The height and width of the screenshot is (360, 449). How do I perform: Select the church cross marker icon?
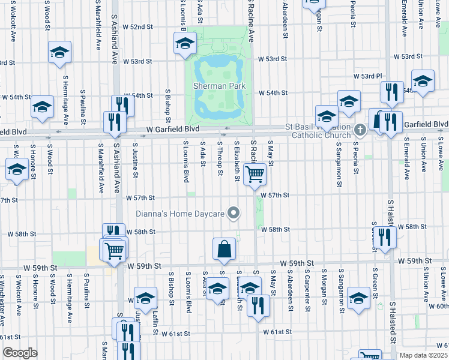[360, 130]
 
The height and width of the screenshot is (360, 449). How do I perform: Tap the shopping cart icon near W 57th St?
[255, 175]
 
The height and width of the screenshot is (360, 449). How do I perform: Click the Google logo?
[19, 353]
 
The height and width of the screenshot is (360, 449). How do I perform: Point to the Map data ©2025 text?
[424, 355]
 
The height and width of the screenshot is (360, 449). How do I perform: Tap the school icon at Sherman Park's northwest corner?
[185, 43]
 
